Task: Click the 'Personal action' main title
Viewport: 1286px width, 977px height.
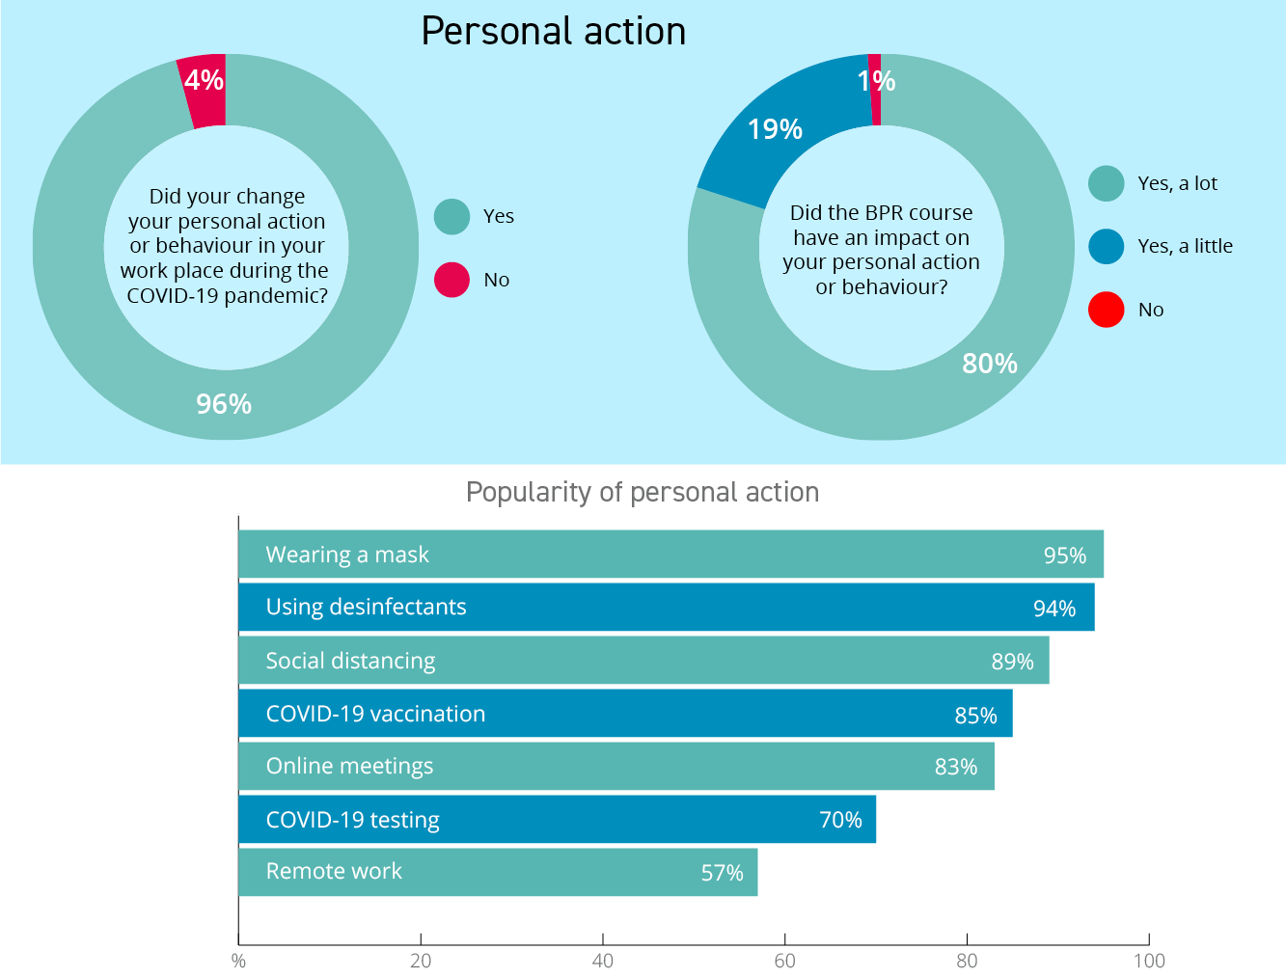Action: (x=553, y=32)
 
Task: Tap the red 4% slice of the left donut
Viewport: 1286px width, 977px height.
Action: (x=205, y=92)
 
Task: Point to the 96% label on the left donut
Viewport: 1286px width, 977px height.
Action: (x=224, y=403)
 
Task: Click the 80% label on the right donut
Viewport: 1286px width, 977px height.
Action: (x=990, y=364)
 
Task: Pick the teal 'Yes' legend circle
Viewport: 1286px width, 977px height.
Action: (x=451, y=216)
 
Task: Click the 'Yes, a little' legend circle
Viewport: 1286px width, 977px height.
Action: (x=1107, y=246)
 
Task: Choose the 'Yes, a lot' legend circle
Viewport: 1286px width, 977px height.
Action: (x=1107, y=183)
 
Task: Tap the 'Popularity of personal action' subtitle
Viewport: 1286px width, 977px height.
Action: (x=643, y=492)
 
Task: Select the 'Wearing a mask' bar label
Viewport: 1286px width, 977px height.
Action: (x=347, y=555)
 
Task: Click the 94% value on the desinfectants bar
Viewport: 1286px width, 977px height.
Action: (x=1054, y=609)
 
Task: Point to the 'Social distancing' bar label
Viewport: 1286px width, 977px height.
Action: (x=350, y=661)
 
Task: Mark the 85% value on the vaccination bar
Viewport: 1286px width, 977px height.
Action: (x=975, y=716)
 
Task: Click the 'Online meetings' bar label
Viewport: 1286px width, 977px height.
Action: (x=349, y=766)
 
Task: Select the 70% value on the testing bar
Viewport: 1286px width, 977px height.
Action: (x=840, y=820)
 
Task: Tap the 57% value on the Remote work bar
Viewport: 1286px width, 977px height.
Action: (x=722, y=873)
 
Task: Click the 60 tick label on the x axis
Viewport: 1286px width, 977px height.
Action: (x=784, y=961)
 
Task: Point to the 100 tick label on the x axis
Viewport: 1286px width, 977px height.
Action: (x=1149, y=961)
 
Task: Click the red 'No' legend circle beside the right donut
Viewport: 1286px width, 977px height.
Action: (x=1107, y=310)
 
